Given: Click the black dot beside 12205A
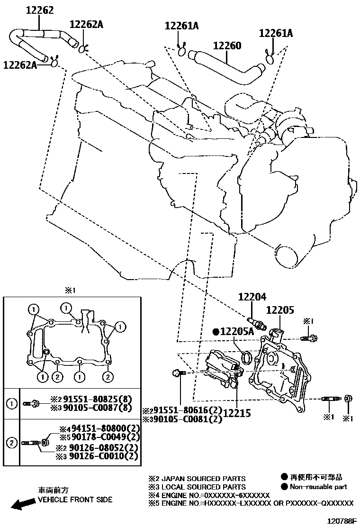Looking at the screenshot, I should [x=216, y=332].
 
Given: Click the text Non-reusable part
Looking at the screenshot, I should [x=318, y=486].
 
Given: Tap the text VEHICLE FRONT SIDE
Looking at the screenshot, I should [x=75, y=500].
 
